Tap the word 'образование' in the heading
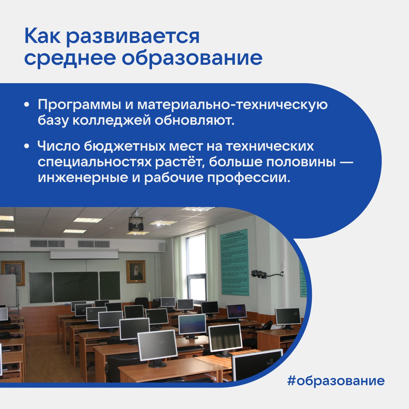tap(192, 58)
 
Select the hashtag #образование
tap(336, 381)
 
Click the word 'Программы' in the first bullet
tap(79, 105)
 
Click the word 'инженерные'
tap(78, 178)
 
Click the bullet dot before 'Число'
tap(27, 146)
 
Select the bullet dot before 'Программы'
tap(27, 105)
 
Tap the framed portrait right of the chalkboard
tap(136, 271)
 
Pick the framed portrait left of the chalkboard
tap(13, 272)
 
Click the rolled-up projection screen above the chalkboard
tap(84, 254)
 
